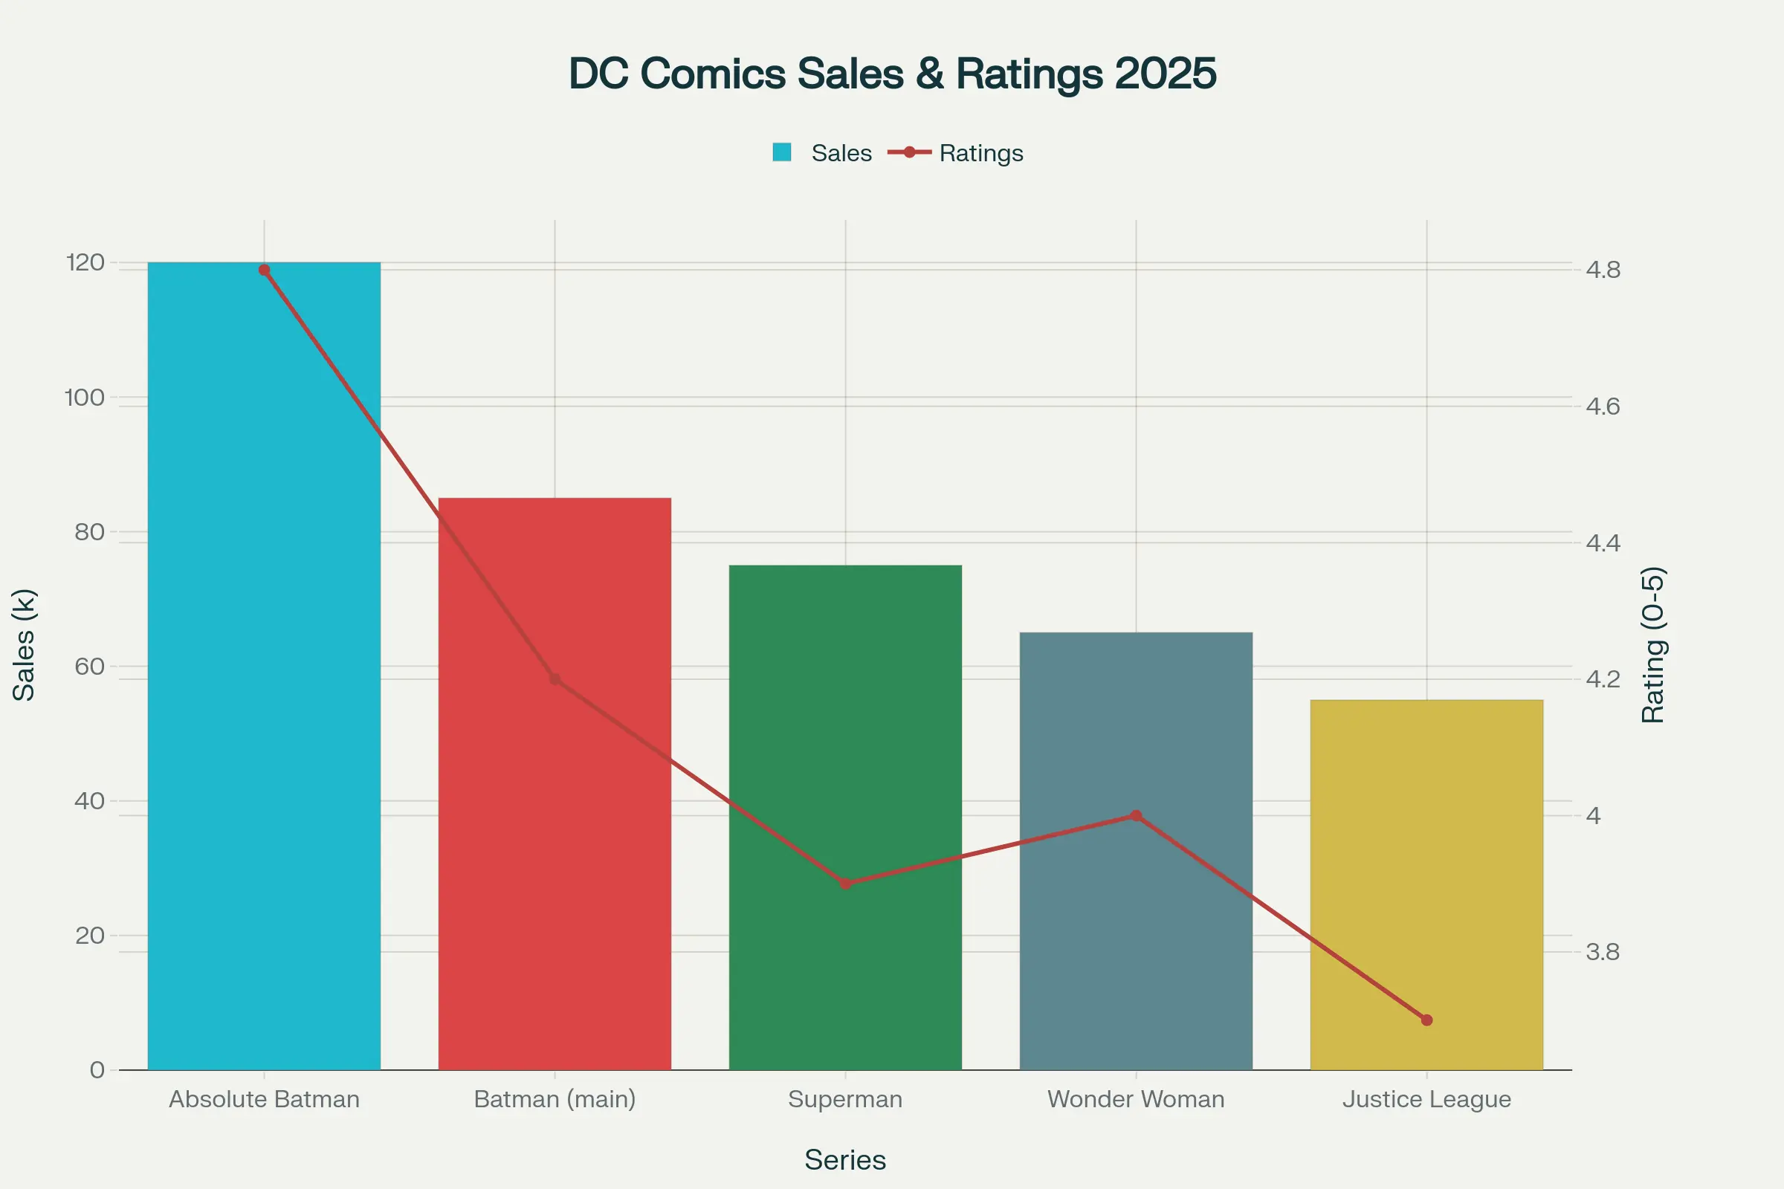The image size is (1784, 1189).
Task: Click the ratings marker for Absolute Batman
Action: click(264, 270)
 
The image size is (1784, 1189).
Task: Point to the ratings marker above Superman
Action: click(846, 884)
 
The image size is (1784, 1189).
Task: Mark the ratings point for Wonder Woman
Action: click(1136, 816)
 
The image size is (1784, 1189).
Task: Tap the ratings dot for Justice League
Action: click(1426, 1020)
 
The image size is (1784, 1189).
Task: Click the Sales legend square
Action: click(782, 152)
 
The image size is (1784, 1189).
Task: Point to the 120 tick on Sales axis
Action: click(85, 262)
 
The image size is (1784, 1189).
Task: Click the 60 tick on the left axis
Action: click(89, 667)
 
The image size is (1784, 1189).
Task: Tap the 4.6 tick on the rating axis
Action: click(1603, 406)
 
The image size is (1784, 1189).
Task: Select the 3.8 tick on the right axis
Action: click(1603, 952)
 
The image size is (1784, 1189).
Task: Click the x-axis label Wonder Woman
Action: click(1136, 1099)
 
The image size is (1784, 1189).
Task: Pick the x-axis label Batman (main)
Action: click(555, 1099)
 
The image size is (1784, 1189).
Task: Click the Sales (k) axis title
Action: click(25, 644)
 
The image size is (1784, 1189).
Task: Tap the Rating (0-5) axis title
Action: click(1652, 644)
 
